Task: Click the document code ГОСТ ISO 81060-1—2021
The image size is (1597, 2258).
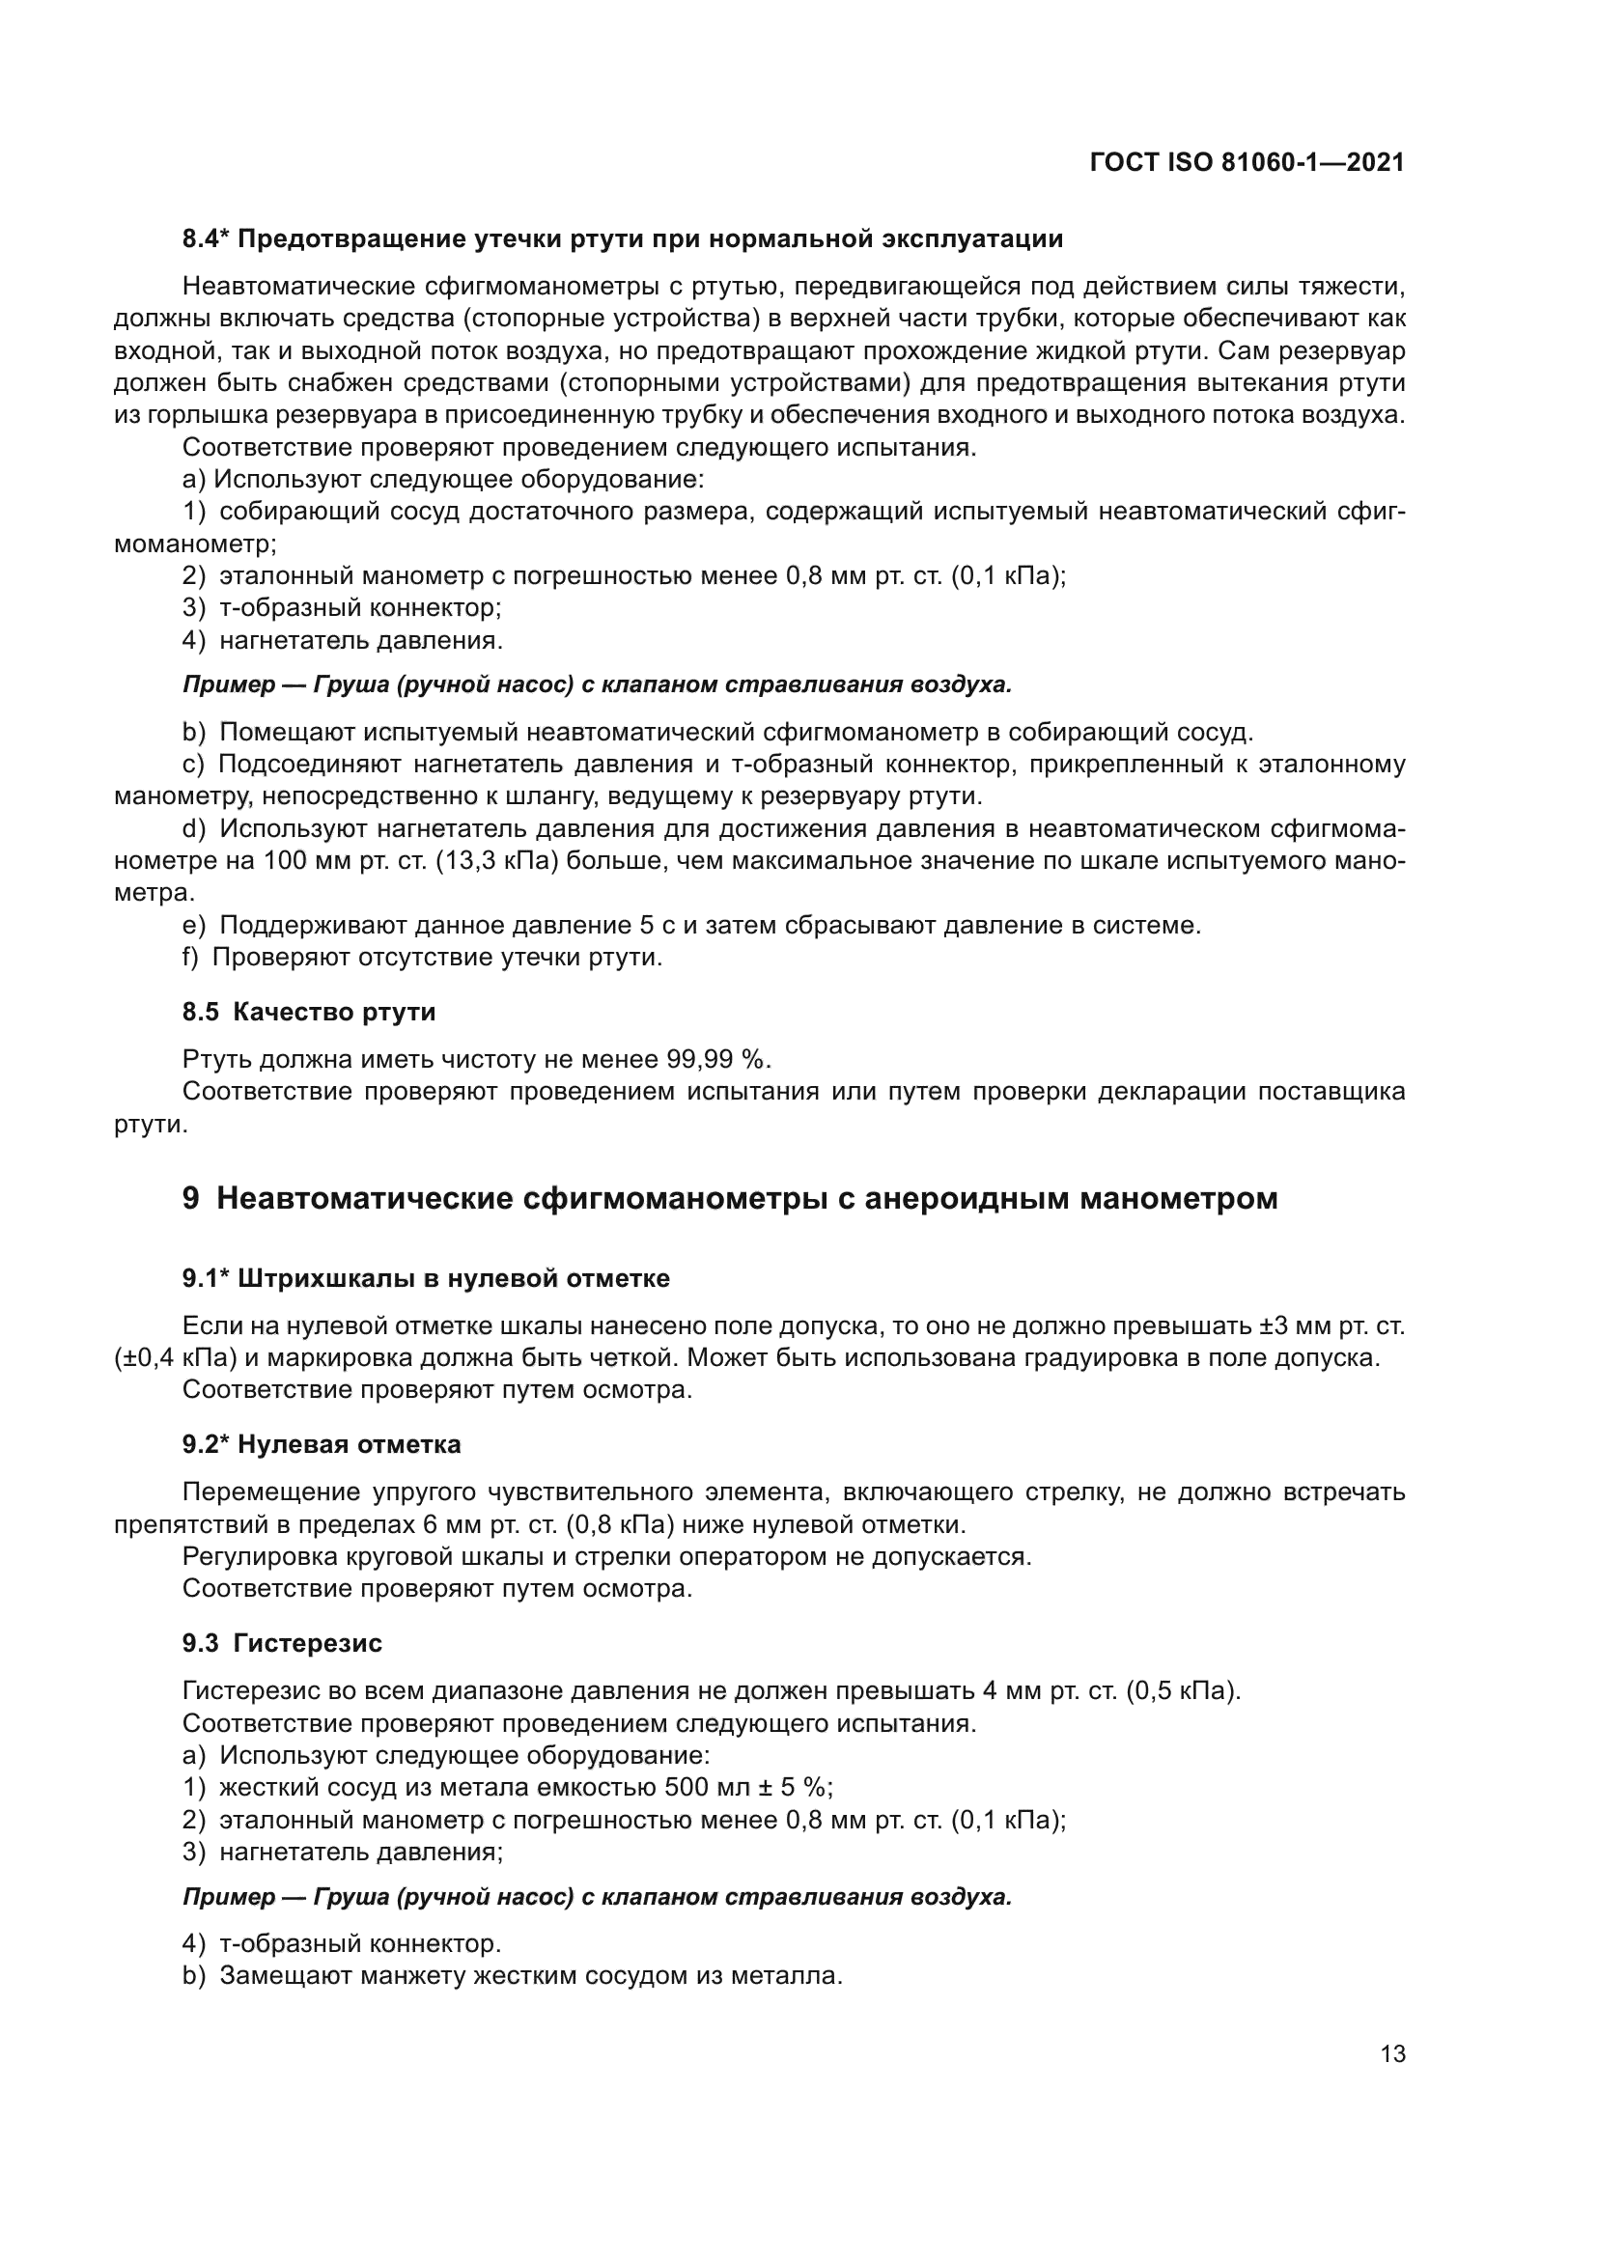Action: (x=1247, y=163)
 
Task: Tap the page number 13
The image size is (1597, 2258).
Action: (x=1392, y=2053)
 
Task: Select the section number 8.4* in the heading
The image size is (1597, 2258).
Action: (x=206, y=239)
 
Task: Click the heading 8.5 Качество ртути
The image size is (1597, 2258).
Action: (x=309, y=1012)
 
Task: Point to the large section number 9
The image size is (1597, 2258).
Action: (x=191, y=1199)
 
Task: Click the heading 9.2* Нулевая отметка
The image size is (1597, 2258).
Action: (x=321, y=1445)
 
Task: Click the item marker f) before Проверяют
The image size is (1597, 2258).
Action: (x=192, y=957)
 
